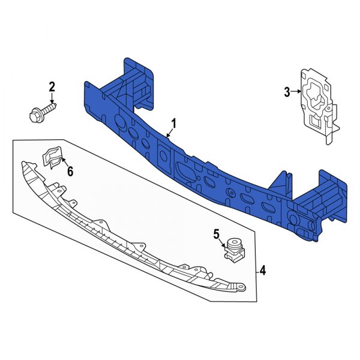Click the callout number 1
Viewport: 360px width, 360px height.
[174, 124]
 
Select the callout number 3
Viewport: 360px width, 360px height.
[287, 92]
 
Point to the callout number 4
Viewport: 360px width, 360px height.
[262, 272]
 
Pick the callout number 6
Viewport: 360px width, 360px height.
[70, 172]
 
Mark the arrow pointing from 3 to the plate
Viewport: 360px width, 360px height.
[296, 92]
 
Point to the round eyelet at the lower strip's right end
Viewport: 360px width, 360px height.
[240, 289]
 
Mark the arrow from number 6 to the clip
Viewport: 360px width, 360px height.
[64, 164]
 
